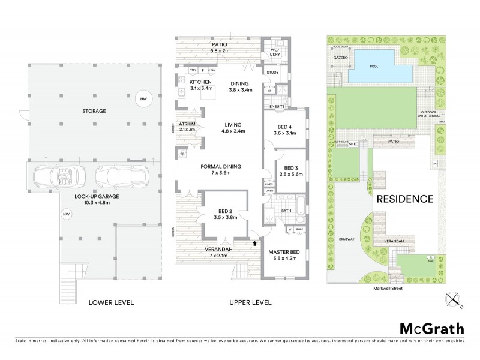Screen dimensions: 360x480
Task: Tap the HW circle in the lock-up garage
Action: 65,213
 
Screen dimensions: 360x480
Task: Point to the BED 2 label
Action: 223,210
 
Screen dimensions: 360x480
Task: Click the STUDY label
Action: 272,73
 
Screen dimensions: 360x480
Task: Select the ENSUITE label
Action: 277,106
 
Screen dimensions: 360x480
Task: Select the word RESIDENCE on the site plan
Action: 404,199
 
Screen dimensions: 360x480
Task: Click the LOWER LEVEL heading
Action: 110,302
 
